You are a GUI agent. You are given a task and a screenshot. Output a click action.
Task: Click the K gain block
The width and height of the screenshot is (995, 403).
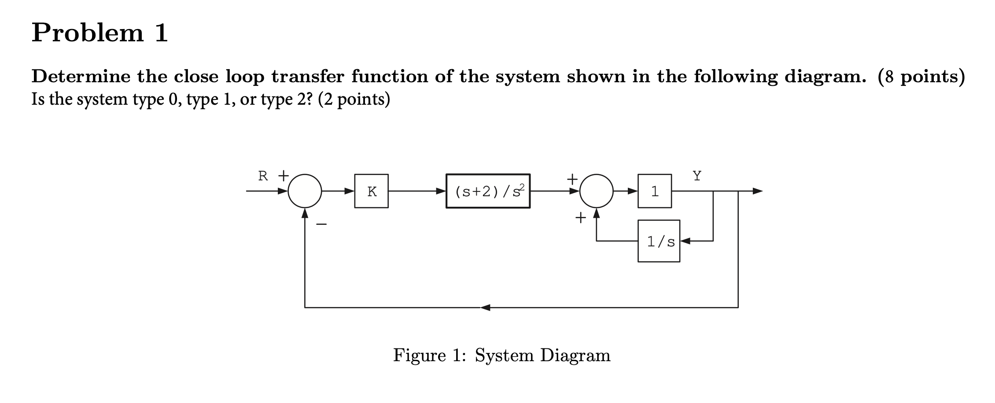point(371,191)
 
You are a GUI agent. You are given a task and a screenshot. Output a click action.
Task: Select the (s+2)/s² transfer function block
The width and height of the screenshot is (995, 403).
point(488,191)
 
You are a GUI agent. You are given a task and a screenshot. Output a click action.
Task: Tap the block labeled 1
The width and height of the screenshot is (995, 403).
point(655,191)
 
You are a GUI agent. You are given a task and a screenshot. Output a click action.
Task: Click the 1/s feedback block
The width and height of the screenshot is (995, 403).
point(659,241)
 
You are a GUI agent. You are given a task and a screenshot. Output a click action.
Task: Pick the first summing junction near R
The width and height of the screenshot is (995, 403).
point(305,191)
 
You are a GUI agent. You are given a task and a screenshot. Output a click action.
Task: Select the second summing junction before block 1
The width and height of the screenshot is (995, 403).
point(596,191)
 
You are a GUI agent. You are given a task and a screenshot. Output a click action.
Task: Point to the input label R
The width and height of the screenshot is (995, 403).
point(263,176)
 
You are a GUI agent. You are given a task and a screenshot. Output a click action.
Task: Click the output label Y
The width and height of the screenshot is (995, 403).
point(697,176)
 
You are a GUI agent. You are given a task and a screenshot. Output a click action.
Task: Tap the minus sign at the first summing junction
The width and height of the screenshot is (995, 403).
point(322,225)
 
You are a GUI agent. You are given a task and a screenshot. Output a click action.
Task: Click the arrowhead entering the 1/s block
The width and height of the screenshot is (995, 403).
point(685,241)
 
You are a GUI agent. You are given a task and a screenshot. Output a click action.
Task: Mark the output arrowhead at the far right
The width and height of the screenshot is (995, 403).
point(757,191)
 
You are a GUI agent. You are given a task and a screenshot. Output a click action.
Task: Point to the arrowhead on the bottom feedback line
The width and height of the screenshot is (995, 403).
point(485,307)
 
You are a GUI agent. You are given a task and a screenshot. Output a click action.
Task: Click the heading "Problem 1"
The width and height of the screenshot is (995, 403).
point(100,33)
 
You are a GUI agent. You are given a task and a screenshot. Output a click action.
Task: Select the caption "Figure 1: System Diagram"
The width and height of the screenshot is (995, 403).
point(501,355)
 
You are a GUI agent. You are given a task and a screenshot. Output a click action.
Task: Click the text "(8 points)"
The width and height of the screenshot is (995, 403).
point(921,77)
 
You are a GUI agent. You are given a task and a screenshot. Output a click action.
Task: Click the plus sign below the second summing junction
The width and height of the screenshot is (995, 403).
point(581,217)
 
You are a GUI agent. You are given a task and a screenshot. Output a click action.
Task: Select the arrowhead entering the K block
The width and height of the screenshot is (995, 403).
point(350,191)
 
